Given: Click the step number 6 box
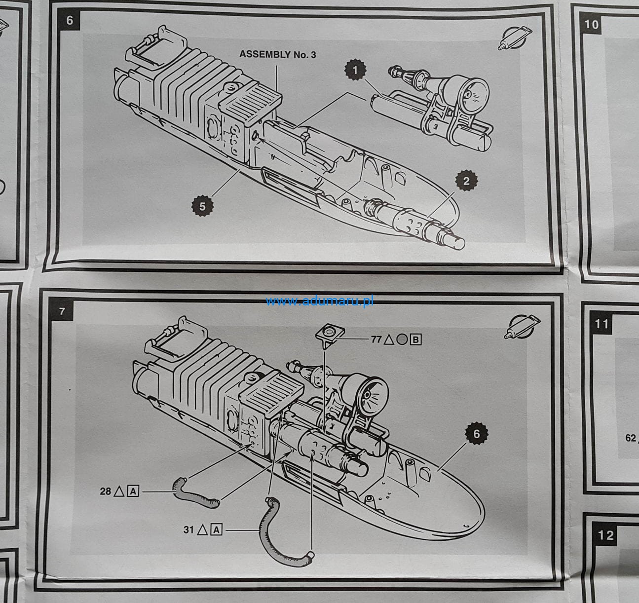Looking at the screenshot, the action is [69, 21].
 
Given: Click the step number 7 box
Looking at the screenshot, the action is [62, 311].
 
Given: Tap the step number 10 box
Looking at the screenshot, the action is [591, 25].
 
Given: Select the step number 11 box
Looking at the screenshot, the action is [601, 324].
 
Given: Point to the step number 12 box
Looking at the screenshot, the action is [605, 535].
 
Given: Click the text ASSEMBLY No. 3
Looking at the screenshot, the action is [278, 54].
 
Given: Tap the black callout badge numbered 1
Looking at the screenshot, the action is [355, 70].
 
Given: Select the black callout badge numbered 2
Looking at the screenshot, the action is [466, 181].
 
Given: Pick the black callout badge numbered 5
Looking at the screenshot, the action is [202, 206].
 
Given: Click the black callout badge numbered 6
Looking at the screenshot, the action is [477, 434].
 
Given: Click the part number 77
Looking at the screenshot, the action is [376, 339].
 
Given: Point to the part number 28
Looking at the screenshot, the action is [105, 491].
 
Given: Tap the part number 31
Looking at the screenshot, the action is [188, 529].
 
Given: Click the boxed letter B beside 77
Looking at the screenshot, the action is [415, 339].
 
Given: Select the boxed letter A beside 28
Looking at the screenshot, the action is [133, 491].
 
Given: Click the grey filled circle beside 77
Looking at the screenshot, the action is [402, 339].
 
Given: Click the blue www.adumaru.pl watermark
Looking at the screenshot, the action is [320, 301].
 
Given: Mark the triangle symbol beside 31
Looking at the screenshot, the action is [202, 529].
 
